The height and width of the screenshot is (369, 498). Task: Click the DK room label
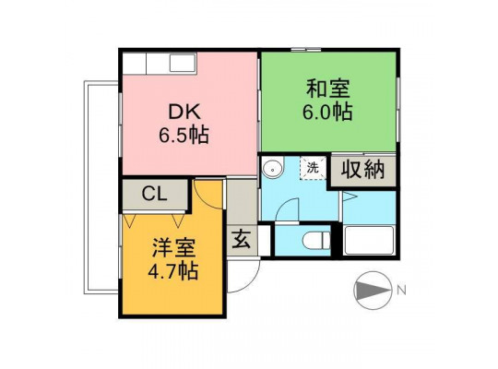click(x=184, y=112)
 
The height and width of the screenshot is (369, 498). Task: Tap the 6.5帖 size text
click(x=184, y=135)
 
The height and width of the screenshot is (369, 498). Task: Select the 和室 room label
click(x=327, y=89)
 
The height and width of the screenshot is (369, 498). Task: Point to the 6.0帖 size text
click(x=327, y=112)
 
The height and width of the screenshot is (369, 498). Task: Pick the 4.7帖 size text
click(x=173, y=271)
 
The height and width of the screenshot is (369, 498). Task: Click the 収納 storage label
click(x=362, y=169)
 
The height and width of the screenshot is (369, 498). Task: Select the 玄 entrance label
click(x=242, y=239)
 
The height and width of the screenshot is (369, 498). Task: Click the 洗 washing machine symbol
click(x=313, y=168)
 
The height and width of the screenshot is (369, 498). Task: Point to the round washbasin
click(x=272, y=169)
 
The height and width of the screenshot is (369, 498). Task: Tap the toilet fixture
click(x=316, y=241)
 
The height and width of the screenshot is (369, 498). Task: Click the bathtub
click(x=369, y=240)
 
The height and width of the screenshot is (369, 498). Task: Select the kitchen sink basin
click(x=182, y=64)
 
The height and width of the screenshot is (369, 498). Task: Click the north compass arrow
click(x=373, y=291)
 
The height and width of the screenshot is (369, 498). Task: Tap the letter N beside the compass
click(x=401, y=291)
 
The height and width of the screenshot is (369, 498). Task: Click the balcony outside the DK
click(x=101, y=187)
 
